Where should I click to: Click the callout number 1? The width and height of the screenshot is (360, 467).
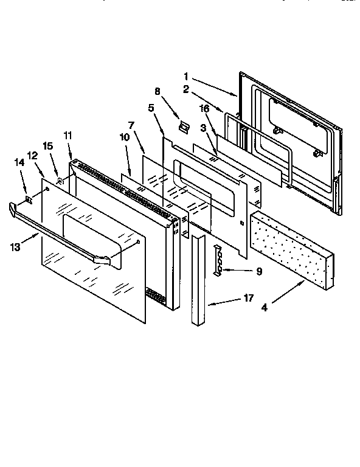click(186, 77)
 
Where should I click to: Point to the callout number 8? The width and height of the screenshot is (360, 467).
click(157, 92)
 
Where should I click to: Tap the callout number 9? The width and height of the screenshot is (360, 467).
click(259, 272)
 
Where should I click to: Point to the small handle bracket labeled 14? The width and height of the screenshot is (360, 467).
click(29, 198)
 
